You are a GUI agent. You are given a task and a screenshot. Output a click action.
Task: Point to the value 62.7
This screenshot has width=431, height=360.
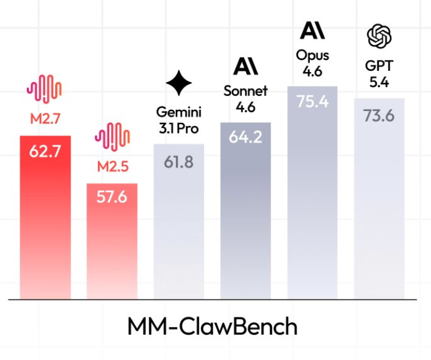click(46, 151)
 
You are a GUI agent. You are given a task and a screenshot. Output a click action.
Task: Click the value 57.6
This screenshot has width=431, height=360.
click(112, 197)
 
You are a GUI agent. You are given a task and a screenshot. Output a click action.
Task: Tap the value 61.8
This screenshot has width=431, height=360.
click(179, 161)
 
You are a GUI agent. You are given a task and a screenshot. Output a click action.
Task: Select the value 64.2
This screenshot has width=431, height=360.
click(246, 137)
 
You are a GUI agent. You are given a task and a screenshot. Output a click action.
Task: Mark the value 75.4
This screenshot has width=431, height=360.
click(312, 101)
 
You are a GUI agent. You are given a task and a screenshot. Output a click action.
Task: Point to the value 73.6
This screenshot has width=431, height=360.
click(379, 115)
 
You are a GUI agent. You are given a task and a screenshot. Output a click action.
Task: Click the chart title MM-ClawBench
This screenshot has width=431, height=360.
click(212, 327)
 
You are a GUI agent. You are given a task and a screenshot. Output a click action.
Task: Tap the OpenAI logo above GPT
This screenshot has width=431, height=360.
click(379, 37)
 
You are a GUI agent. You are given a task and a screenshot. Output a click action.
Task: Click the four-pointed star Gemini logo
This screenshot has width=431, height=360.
click(179, 83)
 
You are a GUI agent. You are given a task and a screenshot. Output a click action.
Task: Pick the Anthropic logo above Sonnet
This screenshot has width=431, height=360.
click(246, 65)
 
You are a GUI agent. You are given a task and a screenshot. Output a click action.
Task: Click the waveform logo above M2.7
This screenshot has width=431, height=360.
click(45, 88)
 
